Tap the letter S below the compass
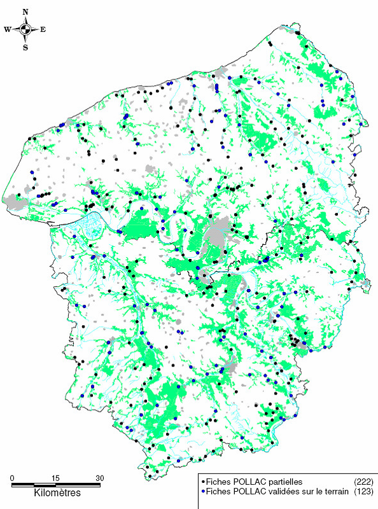pos(25,47)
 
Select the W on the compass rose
pos(7,29)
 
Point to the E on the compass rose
pos(43,29)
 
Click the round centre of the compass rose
pos(25,29)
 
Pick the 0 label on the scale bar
pos(13,478)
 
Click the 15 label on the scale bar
pos(55,478)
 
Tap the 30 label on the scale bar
pos(99,478)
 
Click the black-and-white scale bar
pos(56,485)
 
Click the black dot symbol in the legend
pos(202,482)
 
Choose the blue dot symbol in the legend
pos(202,492)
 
